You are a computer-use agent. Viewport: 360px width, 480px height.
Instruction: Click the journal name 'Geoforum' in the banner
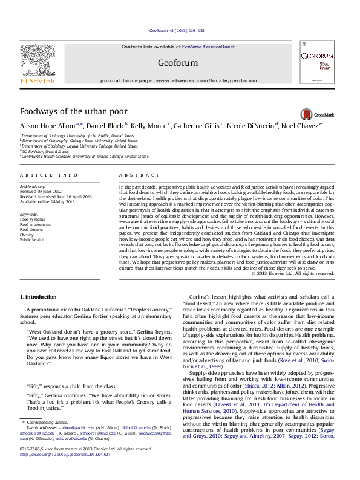tap(179, 63)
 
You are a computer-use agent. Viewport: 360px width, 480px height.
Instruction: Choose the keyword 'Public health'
tap(33, 239)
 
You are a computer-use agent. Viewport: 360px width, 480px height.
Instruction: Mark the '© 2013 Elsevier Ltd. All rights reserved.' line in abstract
tap(292, 273)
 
